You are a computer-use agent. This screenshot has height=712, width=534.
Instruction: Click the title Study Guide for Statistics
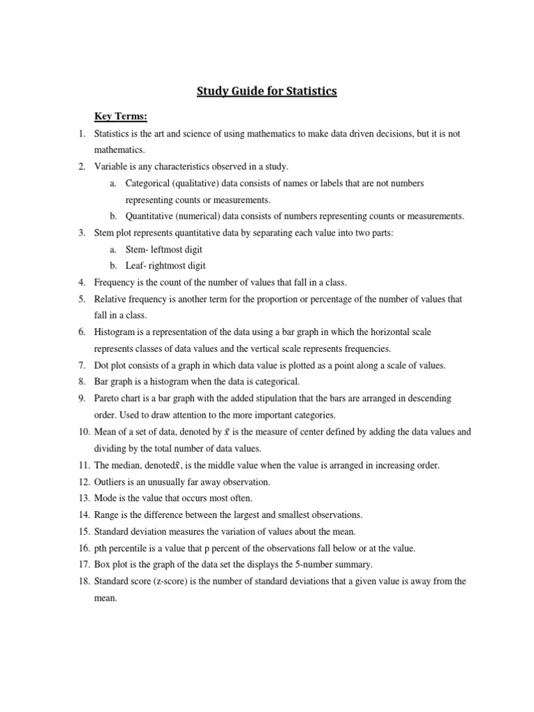tap(267, 91)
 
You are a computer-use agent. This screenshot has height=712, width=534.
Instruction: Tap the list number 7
tap(81, 365)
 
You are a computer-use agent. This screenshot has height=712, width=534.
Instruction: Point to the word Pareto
tap(108, 398)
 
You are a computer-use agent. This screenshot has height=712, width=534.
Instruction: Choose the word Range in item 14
tap(108, 515)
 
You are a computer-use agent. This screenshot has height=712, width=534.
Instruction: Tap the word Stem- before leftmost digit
tap(136, 249)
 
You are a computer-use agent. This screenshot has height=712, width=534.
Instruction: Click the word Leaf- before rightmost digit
tap(136, 266)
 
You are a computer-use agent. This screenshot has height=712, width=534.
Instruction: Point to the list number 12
tap(81, 482)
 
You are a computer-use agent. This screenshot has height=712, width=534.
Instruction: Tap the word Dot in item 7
tap(102, 365)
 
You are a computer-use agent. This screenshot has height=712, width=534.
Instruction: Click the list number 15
tap(81, 532)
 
